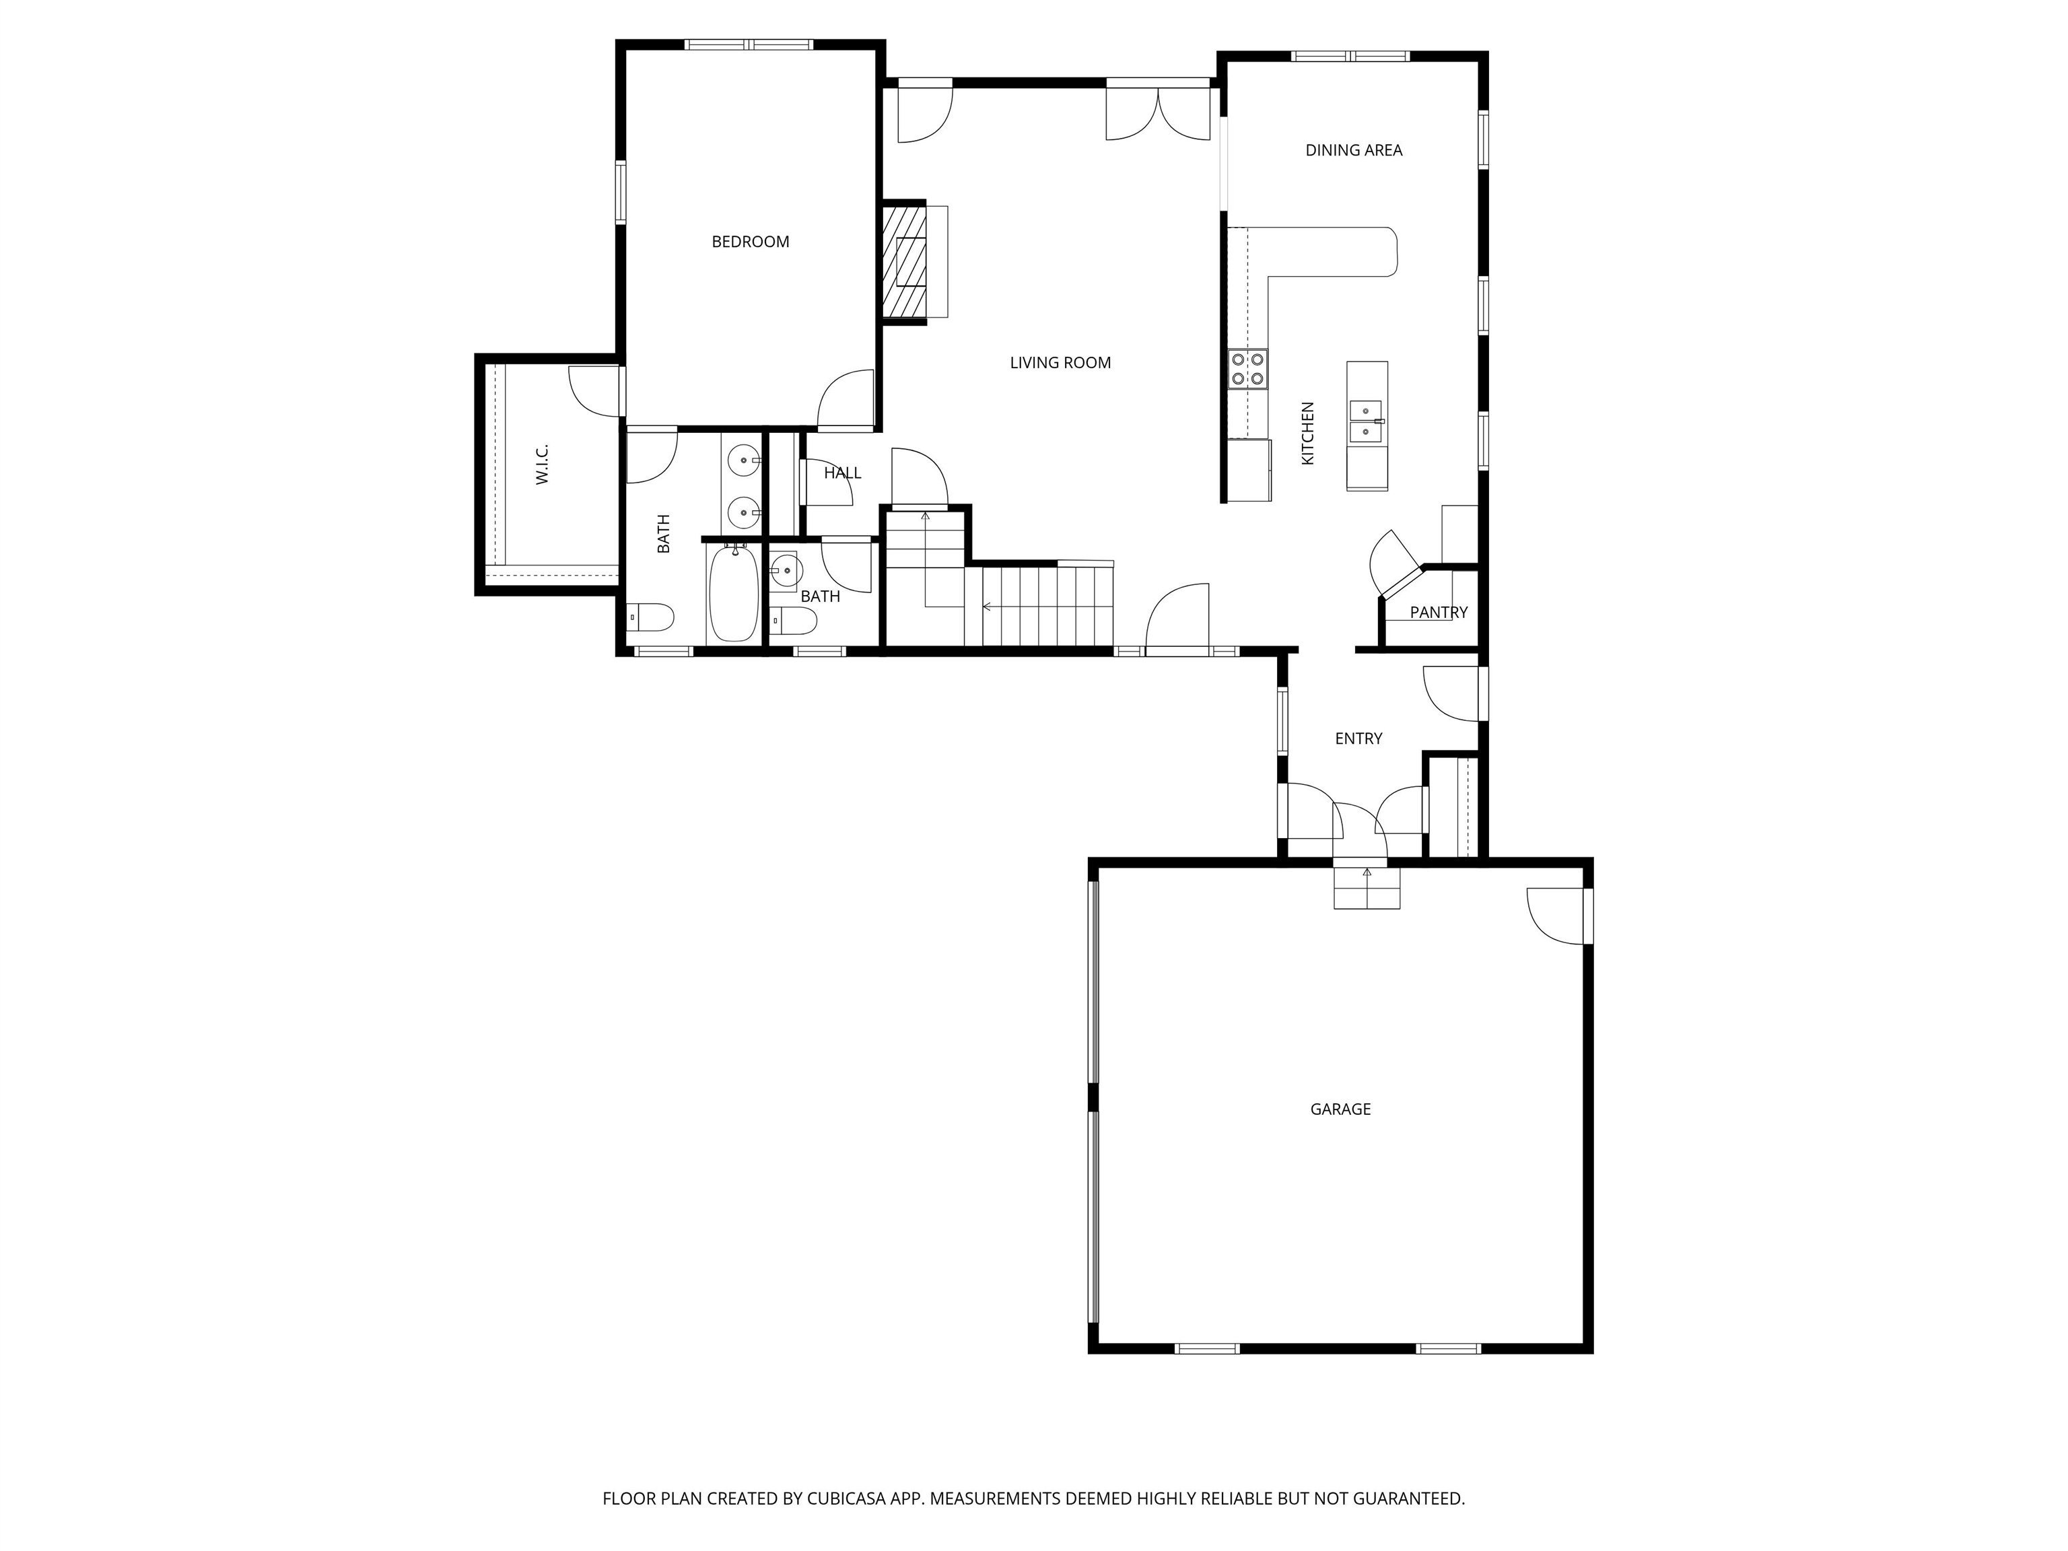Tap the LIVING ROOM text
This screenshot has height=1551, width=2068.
coord(1060,363)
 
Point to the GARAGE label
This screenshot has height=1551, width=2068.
coord(1340,1109)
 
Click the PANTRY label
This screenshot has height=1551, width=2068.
coord(1438,613)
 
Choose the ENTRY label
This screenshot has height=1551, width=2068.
coord(1358,738)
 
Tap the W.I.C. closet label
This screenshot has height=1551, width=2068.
coord(542,464)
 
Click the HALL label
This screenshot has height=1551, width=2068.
coord(842,473)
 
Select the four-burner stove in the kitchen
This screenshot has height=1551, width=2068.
coord(1247,368)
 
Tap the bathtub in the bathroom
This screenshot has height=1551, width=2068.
coord(734,594)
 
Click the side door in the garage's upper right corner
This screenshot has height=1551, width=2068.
coord(1558,916)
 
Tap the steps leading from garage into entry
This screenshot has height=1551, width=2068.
coord(1366,887)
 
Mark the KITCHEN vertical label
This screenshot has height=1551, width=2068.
coord(1308,433)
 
